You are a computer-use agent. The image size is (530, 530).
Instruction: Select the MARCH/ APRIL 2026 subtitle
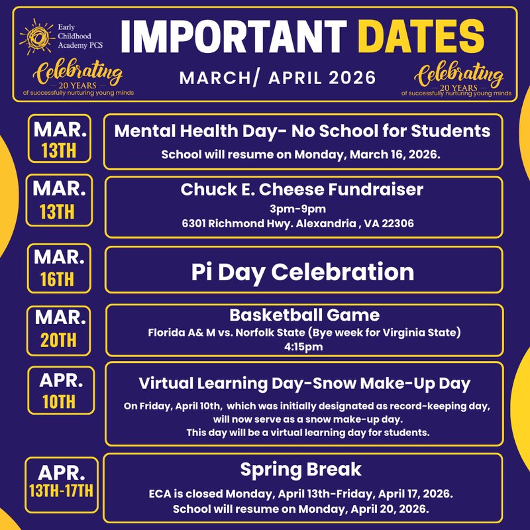278,78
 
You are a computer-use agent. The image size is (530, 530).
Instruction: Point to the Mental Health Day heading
303,131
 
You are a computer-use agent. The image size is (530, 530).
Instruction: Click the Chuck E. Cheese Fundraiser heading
302,189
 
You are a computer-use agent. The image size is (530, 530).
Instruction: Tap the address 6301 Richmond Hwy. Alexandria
298,223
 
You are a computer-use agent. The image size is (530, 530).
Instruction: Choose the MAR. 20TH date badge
59,329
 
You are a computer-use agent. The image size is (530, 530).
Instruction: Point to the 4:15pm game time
304,344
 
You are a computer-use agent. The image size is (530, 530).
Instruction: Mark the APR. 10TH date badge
59,390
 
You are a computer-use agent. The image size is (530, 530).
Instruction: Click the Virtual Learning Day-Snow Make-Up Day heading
304,383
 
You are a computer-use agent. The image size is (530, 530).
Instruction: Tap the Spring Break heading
301,470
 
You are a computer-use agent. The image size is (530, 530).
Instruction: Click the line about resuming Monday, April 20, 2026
301,509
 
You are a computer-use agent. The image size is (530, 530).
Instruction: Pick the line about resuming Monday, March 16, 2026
301,154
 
